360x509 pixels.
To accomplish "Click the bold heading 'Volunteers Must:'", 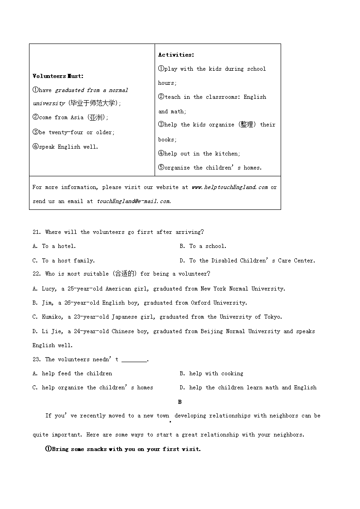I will [58, 76].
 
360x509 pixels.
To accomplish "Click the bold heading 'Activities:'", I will [176, 55].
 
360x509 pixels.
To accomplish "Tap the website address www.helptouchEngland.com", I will [229, 187].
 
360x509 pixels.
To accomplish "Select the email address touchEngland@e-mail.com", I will [134, 201].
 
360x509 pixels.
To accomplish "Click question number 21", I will [37, 232].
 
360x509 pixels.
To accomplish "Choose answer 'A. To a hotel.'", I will [54, 246].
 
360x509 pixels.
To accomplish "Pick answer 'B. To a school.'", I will [203, 246].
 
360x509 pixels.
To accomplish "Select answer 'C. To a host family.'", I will [63, 261].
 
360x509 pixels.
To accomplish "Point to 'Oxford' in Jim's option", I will [200, 303].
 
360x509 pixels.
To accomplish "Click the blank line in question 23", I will [134, 360].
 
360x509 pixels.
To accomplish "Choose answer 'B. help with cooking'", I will [211, 373].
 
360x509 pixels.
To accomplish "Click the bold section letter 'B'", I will [180, 402].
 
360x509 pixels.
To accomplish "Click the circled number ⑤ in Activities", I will [161, 168].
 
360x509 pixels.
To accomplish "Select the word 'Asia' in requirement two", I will [77, 117].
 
